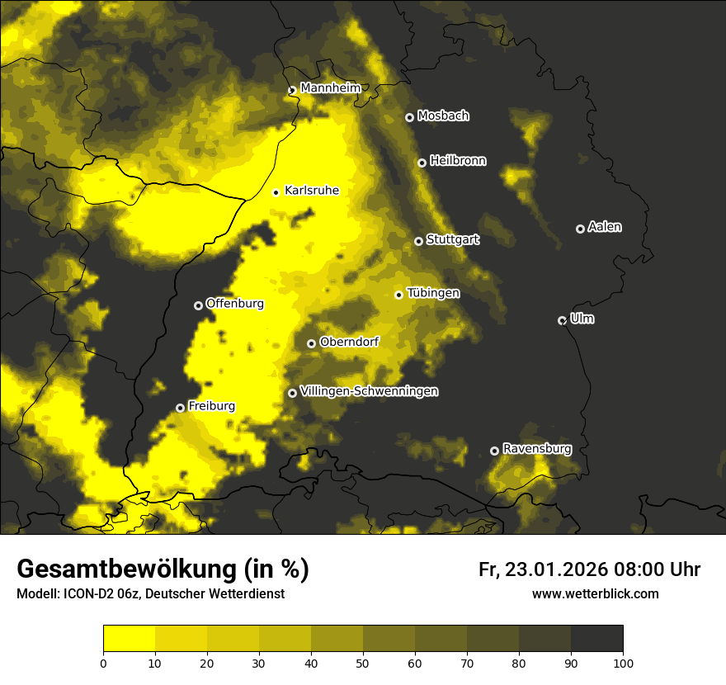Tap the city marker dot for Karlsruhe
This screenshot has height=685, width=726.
coord(276,192)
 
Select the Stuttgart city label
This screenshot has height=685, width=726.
coord(452,240)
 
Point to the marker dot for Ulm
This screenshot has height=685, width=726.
coord(562,320)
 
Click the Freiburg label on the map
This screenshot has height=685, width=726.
coord(211,406)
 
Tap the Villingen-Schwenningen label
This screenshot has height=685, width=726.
coord(369,391)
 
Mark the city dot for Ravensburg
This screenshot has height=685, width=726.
coord(494,451)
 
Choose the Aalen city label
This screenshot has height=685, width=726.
coord(605,227)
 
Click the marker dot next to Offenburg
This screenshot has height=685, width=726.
coord(198,305)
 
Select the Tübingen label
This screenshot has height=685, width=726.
coord(433,293)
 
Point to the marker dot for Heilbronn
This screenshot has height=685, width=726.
coord(422,163)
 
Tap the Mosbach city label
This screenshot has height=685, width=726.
coord(443,116)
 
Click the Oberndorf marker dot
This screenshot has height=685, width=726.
coord(311,343)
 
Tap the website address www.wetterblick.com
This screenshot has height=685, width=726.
coord(595,593)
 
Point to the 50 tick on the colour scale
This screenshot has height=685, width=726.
coord(363,662)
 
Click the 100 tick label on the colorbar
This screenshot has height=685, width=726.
coord(623,662)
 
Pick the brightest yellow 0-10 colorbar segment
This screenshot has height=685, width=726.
coord(129,639)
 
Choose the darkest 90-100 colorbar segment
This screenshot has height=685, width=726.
coord(596,639)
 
